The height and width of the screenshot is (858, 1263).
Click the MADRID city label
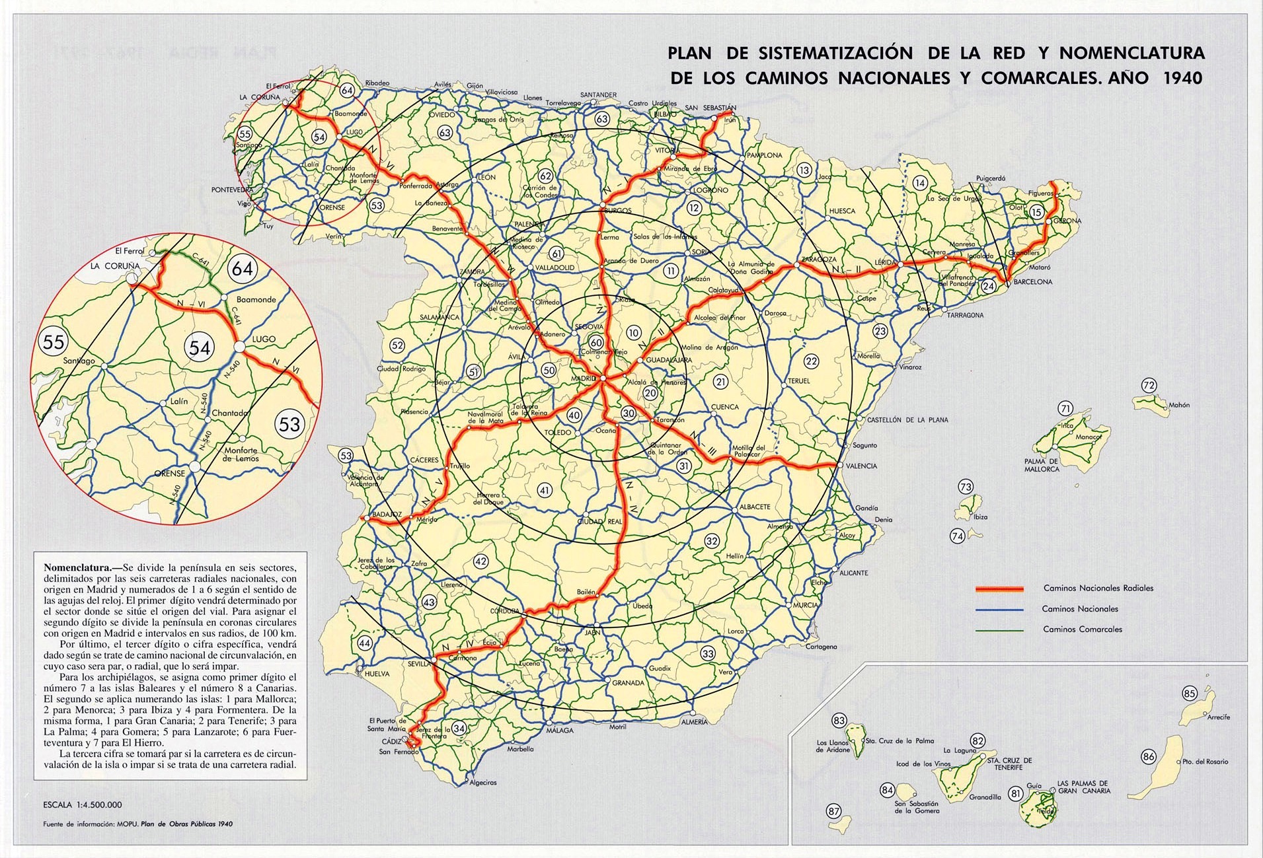click(583, 378)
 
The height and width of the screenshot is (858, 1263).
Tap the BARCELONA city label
click(1032, 282)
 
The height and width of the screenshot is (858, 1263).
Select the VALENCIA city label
click(861, 466)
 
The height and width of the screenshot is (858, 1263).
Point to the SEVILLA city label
click(419, 664)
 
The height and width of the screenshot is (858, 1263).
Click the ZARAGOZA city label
click(819, 260)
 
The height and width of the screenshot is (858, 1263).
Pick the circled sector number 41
click(545, 490)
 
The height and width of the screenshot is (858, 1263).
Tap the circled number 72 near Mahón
click(1149, 386)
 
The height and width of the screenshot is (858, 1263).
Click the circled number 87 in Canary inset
click(834, 811)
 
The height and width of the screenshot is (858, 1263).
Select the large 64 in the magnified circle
click(242, 269)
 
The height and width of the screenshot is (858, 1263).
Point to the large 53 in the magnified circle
click(289, 424)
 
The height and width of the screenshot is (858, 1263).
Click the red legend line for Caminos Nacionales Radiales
click(999, 589)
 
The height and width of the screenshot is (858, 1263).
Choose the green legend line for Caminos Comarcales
click(999, 630)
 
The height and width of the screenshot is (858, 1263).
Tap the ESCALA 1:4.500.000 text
click(83, 804)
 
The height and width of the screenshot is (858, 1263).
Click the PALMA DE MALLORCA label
click(1041, 465)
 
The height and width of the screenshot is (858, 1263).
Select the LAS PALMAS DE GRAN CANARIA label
click(1083, 787)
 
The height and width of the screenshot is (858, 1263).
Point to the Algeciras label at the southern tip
click(482, 783)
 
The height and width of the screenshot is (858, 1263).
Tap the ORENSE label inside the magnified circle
click(170, 474)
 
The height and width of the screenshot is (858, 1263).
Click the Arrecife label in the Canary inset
click(1218, 717)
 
